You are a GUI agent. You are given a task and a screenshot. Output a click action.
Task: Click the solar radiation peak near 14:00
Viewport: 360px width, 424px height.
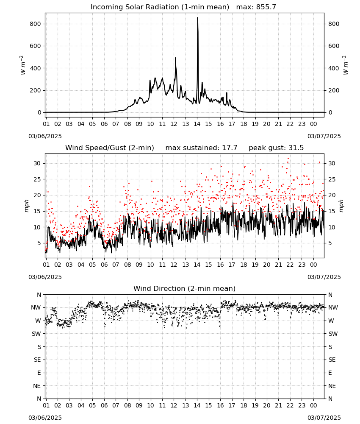[197, 18]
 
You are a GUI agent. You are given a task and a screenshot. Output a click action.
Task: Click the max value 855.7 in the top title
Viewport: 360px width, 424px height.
[266, 7]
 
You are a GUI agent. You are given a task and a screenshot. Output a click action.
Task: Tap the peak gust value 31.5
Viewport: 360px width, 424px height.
[296, 148]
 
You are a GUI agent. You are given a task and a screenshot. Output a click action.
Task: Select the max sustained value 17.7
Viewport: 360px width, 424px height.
[230, 148]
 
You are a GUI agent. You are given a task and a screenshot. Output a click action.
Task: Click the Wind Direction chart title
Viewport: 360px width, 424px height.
[185, 288]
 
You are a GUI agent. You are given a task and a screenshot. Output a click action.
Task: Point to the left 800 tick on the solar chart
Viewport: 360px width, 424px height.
[36, 24]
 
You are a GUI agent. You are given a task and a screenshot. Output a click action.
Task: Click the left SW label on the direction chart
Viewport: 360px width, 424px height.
[36, 334]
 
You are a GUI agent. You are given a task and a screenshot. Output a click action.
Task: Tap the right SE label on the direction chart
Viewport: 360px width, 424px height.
[332, 360]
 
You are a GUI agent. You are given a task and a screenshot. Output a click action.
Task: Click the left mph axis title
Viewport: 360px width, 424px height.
[27, 206]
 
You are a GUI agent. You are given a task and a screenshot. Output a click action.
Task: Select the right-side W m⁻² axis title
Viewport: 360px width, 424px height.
[346, 65]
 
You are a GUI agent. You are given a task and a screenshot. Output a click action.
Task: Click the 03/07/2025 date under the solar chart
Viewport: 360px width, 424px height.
[324, 136]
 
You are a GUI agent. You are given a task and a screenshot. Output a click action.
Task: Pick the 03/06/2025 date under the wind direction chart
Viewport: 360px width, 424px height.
[45, 418]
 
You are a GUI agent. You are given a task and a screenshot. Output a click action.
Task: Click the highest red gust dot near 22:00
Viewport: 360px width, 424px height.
[288, 159]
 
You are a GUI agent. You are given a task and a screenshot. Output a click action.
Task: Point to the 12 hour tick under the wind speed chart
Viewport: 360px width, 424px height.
[174, 265]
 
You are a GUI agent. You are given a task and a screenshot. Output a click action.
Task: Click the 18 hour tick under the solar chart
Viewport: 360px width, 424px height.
[244, 124]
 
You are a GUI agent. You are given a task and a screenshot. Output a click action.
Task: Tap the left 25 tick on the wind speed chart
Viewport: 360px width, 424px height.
[37, 179]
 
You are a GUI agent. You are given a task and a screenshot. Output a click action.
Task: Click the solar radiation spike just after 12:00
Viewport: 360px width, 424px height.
[175, 58]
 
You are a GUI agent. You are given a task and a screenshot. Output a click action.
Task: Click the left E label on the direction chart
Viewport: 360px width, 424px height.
[39, 373]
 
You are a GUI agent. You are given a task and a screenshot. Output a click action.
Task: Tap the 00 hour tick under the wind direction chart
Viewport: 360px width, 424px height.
[313, 405]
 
